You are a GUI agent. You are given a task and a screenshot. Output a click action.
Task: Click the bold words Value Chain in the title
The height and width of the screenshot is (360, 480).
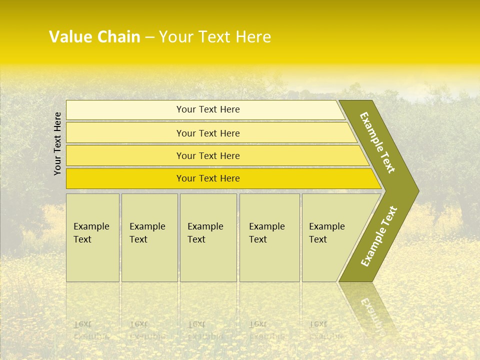point(94,37)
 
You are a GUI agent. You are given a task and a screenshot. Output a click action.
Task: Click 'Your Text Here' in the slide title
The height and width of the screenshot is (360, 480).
point(215,37)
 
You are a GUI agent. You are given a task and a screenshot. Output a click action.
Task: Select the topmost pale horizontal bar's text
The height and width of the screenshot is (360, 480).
point(208,109)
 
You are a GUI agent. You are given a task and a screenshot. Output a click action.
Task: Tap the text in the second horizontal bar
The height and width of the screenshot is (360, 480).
point(208,133)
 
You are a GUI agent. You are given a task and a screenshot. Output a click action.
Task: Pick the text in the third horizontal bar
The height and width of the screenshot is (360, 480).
point(208,156)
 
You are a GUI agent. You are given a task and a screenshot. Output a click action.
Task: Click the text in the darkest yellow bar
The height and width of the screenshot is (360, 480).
point(208,178)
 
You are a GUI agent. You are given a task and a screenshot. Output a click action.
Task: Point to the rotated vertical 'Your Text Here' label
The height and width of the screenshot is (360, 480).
point(57,143)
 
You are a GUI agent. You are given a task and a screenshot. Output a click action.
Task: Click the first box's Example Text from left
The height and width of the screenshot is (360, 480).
point(91,233)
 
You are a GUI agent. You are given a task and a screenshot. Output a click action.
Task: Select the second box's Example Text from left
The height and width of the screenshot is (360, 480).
point(147,233)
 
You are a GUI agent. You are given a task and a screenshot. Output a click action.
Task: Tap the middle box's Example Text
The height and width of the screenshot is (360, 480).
point(205,233)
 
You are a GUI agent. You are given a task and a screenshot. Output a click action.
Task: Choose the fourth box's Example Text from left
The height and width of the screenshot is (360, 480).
point(266,233)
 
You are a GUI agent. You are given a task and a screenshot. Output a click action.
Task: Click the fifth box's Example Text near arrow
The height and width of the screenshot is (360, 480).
point(326,233)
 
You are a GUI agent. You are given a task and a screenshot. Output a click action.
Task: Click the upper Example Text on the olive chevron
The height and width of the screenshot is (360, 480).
point(377,142)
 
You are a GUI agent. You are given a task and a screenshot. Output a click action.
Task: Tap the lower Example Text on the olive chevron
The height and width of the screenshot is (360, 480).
point(379,236)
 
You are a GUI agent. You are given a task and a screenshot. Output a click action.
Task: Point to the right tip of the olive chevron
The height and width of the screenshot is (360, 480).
point(417,191)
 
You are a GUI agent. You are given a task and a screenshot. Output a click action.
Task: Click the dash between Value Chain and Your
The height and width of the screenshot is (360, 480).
point(149,37)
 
